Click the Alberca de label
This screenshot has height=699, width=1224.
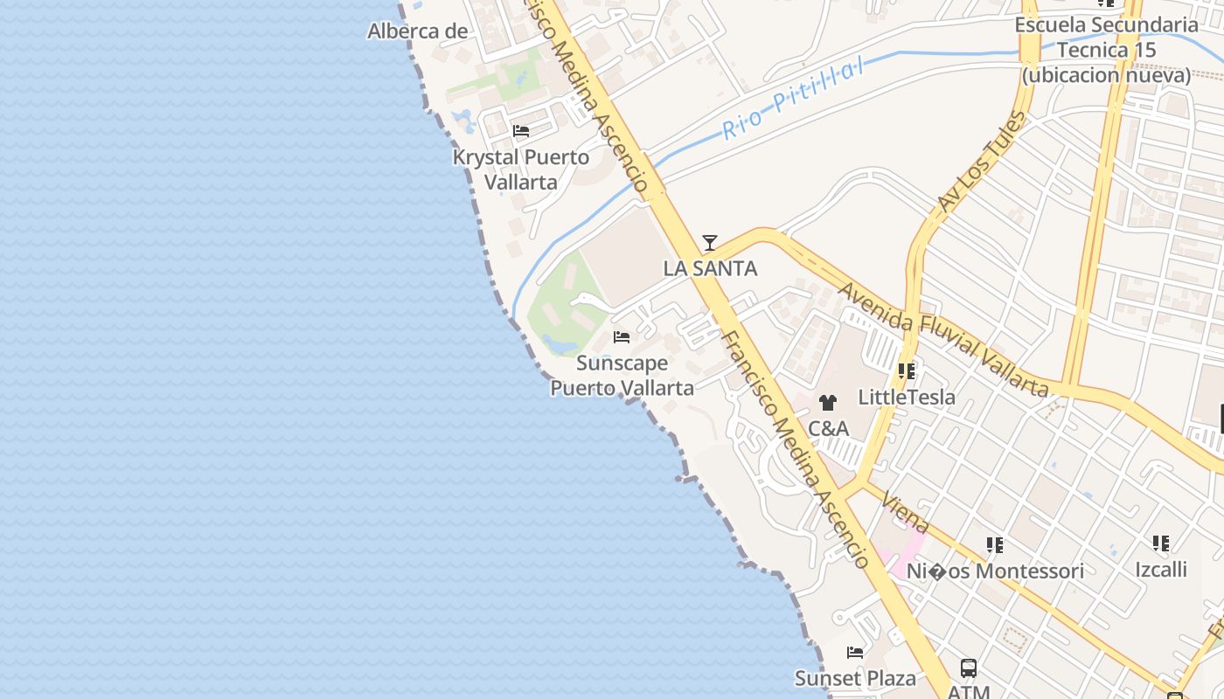pyautogui.click(x=418, y=31)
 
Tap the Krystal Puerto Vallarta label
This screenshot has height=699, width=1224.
pyautogui.click(x=521, y=170)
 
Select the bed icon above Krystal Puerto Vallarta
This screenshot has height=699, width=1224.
pyautogui.click(x=521, y=131)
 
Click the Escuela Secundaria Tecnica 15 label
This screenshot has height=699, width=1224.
pyautogui.click(x=1106, y=50)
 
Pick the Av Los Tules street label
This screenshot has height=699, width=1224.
pyautogui.click(x=981, y=162)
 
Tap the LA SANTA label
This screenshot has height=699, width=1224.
pyautogui.click(x=710, y=268)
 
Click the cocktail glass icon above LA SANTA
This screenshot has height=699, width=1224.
pyautogui.click(x=710, y=242)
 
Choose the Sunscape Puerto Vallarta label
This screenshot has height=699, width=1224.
pyautogui.click(x=622, y=375)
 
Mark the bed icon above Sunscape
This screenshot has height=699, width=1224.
pyautogui.click(x=622, y=336)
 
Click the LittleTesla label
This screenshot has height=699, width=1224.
pyautogui.click(x=907, y=397)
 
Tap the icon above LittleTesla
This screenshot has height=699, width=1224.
pyautogui.click(x=907, y=371)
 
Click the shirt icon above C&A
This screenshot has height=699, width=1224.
pyautogui.click(x=827, y=403)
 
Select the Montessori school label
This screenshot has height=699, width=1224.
pyautogui.click(x=995, y=571)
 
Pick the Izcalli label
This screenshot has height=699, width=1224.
pyautogui.click(x=1161, y=569)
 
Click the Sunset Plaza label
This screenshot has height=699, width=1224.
pyautogui.click(x=855, y=678)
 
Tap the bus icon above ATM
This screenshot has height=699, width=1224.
pyautogui.click(x=969, y=668)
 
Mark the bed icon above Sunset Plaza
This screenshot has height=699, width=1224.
pyautogui.click(x=855, y=652)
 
